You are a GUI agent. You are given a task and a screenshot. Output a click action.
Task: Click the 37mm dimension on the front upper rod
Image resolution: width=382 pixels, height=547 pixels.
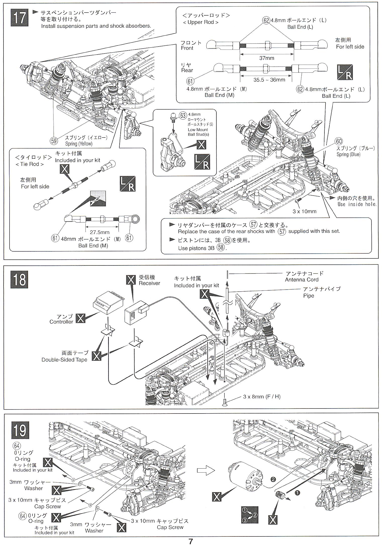pos(267,58)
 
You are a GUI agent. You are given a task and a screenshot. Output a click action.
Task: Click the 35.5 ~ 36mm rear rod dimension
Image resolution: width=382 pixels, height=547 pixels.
pos(269,80)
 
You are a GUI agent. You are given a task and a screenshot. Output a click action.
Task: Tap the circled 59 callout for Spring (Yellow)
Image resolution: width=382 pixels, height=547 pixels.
pos(54,141)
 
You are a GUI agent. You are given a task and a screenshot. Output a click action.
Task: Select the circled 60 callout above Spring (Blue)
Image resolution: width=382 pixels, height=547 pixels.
pos(339,142)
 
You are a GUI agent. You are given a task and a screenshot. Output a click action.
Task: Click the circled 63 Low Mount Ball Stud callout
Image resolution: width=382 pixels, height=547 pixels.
pos(183,115)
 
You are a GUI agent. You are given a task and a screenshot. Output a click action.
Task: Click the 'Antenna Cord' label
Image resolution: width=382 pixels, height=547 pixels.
pos(302,280)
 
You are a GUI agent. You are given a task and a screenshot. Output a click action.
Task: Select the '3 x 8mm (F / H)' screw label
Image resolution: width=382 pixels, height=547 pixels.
pos(262,397)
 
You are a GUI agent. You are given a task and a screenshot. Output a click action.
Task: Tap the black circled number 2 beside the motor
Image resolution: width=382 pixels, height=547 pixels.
pos(273,479)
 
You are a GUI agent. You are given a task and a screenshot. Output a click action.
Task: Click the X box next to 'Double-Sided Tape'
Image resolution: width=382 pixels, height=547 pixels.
pos(97,356)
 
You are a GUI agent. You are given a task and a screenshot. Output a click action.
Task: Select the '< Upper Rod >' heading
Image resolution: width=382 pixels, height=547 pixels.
pos(201,22)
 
